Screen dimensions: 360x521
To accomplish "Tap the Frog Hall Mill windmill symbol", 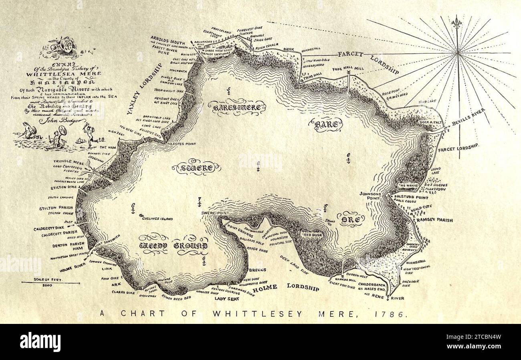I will (349, 73).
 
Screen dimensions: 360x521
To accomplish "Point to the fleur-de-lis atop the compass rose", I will (457, 23).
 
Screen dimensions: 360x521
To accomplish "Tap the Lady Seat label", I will (227, 299).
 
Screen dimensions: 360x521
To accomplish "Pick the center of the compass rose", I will (457, 52).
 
